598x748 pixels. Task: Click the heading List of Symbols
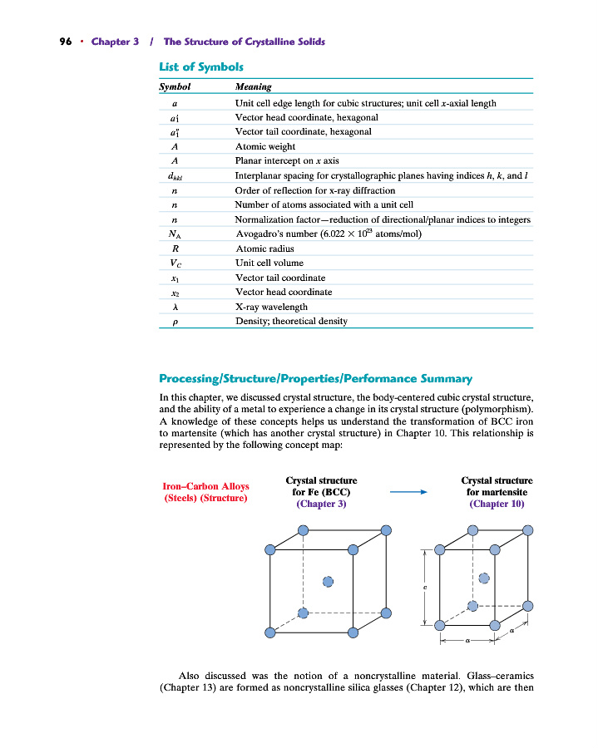coord(200,66)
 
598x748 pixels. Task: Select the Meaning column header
coord(253,86)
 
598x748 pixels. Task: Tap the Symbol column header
coord(175,86)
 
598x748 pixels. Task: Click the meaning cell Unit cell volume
coord(269,263)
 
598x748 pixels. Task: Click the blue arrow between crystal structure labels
coord(408,492)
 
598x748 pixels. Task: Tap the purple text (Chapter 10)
coord(497,504)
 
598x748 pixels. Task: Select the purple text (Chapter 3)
coord(321,504)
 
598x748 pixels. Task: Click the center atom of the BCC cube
coord(328,581)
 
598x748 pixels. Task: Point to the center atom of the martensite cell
coord(484,578)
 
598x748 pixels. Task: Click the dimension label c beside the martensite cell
coord(425,588)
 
